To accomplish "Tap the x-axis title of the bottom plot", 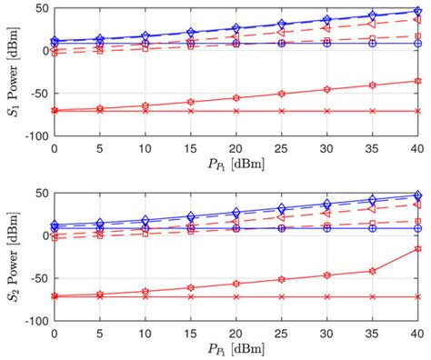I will click(236, 349).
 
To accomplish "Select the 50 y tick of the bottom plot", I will click(40, 193).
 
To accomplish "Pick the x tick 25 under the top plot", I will click(281, 147).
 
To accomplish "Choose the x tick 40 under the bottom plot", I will click(417, 333).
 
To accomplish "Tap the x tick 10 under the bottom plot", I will click(145, 333).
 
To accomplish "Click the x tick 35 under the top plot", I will click(372, 147).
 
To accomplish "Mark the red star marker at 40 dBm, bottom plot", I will click(417, 248).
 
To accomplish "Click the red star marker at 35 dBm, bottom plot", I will click(372, 270).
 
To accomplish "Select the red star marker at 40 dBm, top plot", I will click(417, 81).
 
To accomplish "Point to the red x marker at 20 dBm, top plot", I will click(236, 111).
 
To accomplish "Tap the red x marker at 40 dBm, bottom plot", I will click(417, 296).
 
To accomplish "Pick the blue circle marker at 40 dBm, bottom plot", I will click(417, 228).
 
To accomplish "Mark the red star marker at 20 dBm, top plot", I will click(236, 97).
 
